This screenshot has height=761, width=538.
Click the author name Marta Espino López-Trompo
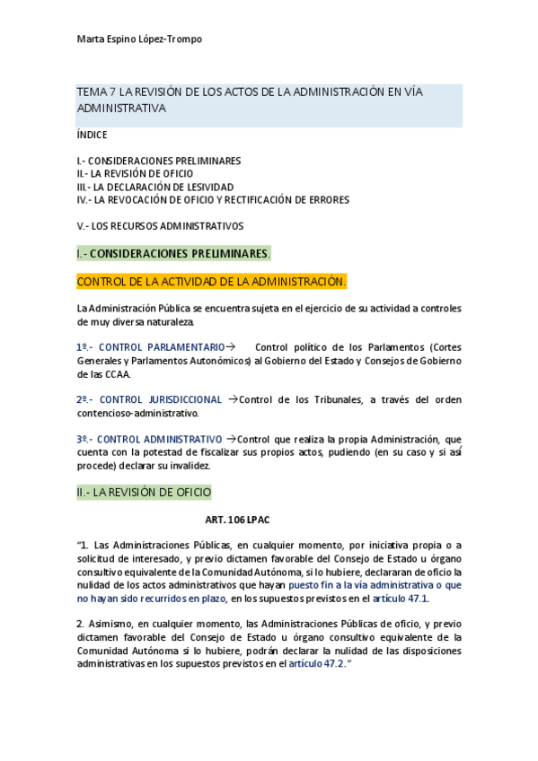[x=139, y=39]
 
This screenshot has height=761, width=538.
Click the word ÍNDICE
[x=93, y=136]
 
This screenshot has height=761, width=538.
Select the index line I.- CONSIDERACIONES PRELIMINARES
[x=159, y=161]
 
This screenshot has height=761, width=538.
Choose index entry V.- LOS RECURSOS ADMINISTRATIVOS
[x=160, y=226]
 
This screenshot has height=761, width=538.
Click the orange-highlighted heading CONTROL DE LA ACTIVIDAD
[x=211, y=282]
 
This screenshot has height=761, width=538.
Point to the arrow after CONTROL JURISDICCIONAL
[x=233, y=399]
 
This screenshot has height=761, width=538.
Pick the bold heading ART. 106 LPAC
[x=237, y=520]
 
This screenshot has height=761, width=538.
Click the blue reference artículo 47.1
[x=401, y=599]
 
